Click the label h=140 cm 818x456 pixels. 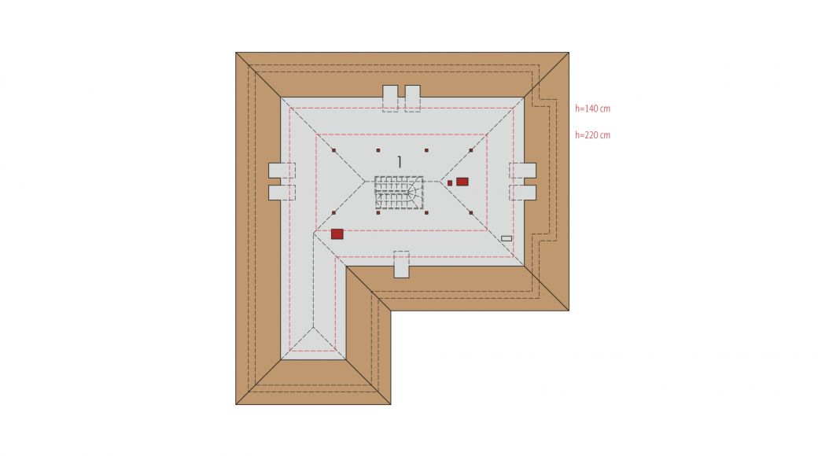(592, 108)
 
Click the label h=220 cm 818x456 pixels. (592, 135)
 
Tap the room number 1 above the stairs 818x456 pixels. (400, 162)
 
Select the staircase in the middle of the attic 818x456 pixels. (399, 193)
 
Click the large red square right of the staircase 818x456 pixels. (462, 182)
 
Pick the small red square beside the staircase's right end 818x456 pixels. (450, 183)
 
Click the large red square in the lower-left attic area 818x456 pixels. (337, 234)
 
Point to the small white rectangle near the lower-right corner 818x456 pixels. (507, 238)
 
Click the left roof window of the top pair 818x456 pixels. (391, 98)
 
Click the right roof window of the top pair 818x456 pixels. (413, 98)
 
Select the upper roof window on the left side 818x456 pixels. (282, 171)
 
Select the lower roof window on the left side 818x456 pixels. (282, 193)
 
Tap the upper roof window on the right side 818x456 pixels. (523, 171)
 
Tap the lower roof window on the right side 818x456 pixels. (523, 193)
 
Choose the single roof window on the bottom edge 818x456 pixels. (401, 264)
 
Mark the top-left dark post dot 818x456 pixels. (333, 150)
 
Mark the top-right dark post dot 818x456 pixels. (471, 150)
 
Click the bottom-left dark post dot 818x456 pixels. (333, 213)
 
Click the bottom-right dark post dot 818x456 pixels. (471, 213)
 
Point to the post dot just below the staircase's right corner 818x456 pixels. (427, 213)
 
